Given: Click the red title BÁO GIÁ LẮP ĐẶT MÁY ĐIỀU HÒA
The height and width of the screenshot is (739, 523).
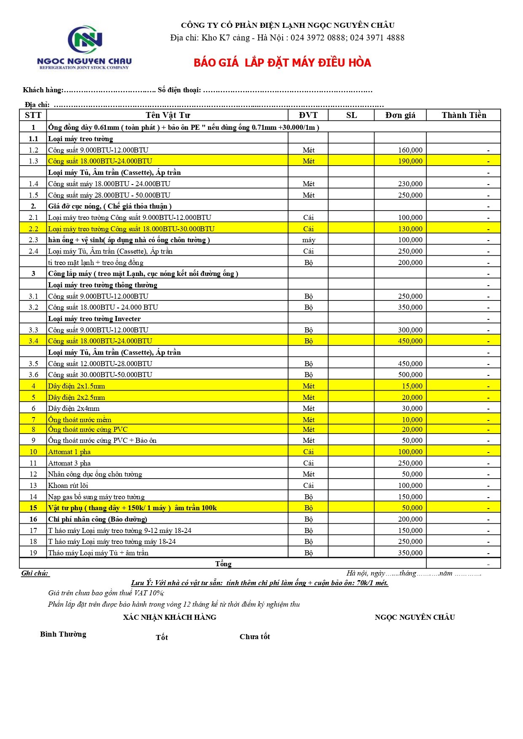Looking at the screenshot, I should click(x=282, y=63).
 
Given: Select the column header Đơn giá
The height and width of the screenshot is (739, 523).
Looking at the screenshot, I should click(x=400, y=115).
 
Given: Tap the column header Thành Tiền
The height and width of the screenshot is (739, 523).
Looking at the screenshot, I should click(x=464, y=115).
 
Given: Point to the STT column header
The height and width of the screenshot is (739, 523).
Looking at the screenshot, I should click(x=33, y=115).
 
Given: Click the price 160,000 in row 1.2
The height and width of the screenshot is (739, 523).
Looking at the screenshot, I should click(x=410, y=150).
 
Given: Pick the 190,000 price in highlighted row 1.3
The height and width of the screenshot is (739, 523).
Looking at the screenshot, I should click(x=410, y=161).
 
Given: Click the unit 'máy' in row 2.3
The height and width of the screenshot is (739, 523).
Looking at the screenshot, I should click(x=308, y=240).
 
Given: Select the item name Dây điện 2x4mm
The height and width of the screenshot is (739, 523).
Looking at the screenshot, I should click(x=74, y=408).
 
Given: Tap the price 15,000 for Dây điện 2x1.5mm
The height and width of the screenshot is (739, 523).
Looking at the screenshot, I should click(x=412, y=386).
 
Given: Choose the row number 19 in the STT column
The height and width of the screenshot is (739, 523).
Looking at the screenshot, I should click(x=33, y=553).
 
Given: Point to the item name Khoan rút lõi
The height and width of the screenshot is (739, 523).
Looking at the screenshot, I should click(x=68, y=485).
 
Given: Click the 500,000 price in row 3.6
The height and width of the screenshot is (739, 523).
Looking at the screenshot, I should click(x=410, y=375).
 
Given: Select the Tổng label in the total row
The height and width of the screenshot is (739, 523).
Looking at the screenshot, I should click(x=223, y=564).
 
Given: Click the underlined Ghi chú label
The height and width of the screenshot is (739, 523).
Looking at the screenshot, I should click(x=35, y=573).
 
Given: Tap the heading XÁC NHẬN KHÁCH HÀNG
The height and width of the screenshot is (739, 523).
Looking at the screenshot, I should click(x=170, y=617).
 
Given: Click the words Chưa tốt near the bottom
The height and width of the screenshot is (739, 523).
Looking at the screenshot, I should click(x=254, y=637).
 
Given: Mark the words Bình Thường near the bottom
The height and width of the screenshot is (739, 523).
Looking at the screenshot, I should click(x=63, y=634).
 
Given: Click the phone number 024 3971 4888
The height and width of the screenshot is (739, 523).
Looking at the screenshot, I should click(x=377, y=37).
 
